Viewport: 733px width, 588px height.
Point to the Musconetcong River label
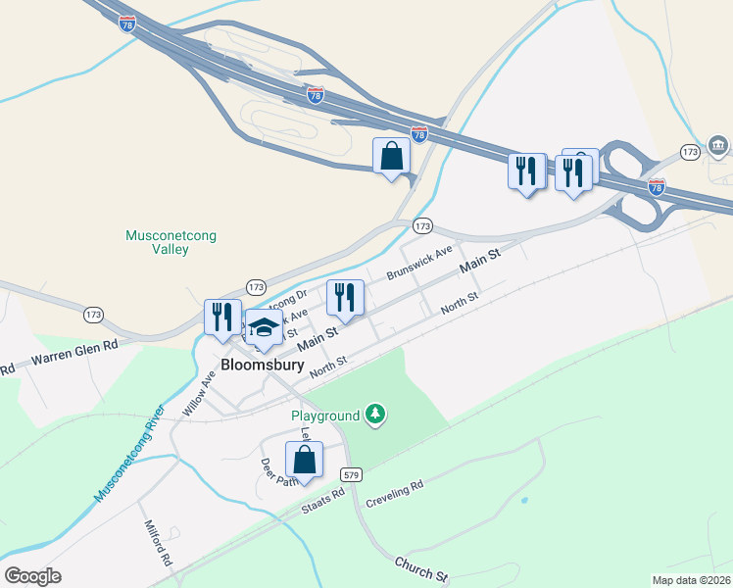pos(128,452)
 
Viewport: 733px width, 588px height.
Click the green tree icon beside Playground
pos(374,416)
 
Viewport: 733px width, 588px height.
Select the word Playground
pos(325,416)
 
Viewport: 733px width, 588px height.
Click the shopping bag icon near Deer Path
pos(304,460)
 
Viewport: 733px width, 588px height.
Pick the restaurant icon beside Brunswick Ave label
pos(345,298)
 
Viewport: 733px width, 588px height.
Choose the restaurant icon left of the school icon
pos(222,317)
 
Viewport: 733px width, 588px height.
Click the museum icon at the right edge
pos(718,147)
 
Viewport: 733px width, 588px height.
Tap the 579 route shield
pos(353,473)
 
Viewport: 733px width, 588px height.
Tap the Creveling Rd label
pos(394,494)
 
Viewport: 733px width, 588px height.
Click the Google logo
pos(33,575)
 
